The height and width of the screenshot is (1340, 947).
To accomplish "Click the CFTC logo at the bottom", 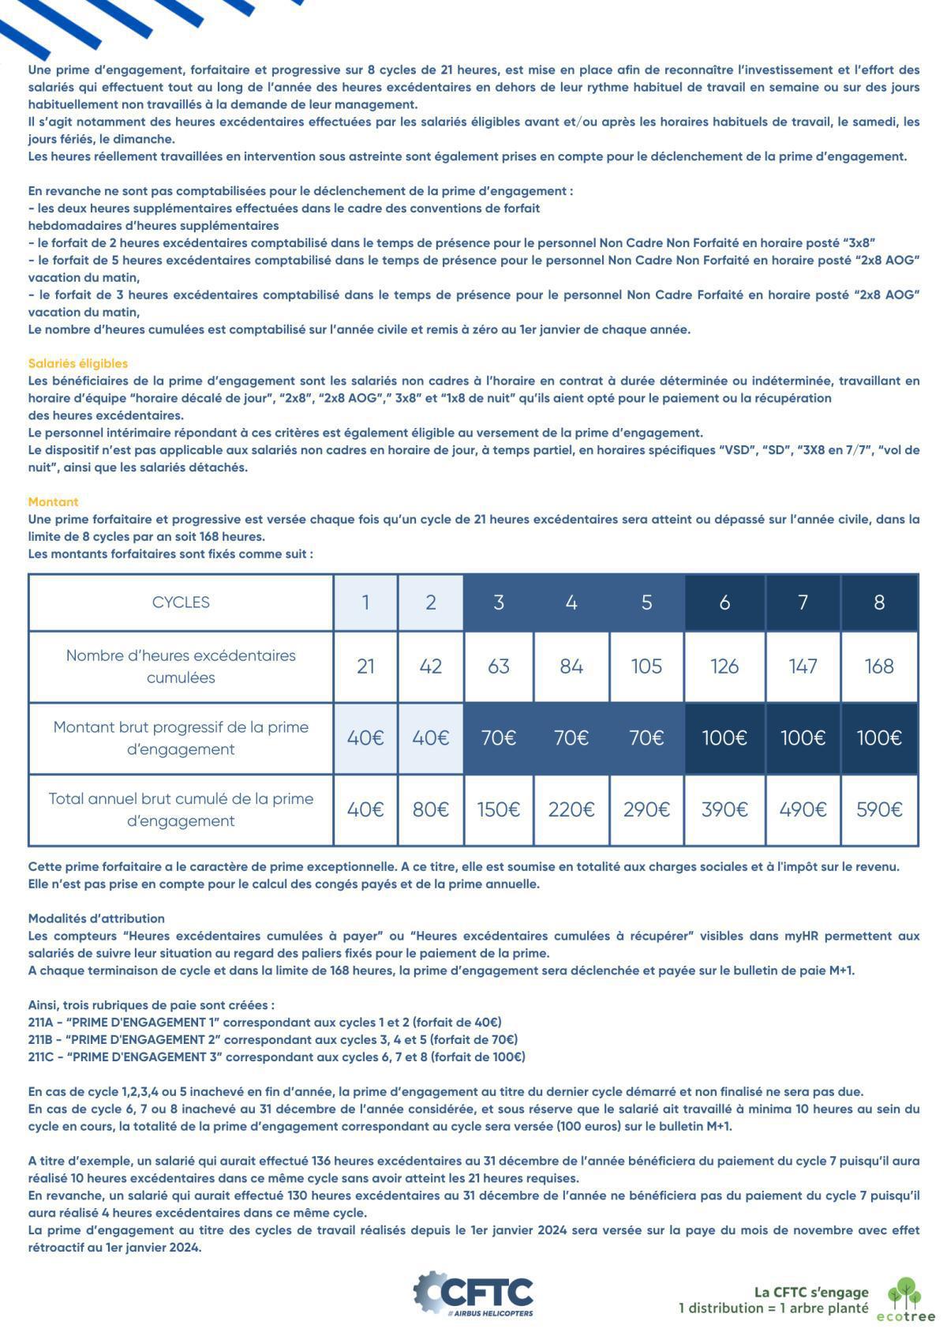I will [x=473, y=1293].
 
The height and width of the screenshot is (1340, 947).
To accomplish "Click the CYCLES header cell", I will [x=181, y=602].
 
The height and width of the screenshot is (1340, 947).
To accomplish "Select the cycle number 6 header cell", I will [x=724, y=602].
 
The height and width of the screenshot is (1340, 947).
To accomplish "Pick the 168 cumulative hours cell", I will [x=878, y=666].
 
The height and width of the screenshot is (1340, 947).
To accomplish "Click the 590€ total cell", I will [x=878, y=809].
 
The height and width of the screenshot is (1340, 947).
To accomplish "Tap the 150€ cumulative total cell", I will [x=498, y=809].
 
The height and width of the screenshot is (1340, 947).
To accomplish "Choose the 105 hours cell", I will [x=646, y=666].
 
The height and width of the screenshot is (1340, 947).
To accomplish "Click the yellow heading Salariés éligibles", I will [x=77, y=363].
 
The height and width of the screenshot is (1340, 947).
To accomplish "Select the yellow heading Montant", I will [x=53, y=501].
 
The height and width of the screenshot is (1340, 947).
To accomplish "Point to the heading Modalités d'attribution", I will [x=96, y=918].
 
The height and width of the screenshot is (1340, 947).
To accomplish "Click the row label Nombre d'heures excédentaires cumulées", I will [x=181, y=666].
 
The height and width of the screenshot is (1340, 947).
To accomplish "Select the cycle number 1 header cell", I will [x=365, y=602].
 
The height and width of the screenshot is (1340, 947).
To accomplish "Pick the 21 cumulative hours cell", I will [x=365, y=666].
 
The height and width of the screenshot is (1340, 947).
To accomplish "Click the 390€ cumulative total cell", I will [x=724, y=809].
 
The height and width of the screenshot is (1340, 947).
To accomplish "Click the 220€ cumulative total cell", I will [x=571, y=809].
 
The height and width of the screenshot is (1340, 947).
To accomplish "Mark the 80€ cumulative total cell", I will [x=430, y=809].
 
